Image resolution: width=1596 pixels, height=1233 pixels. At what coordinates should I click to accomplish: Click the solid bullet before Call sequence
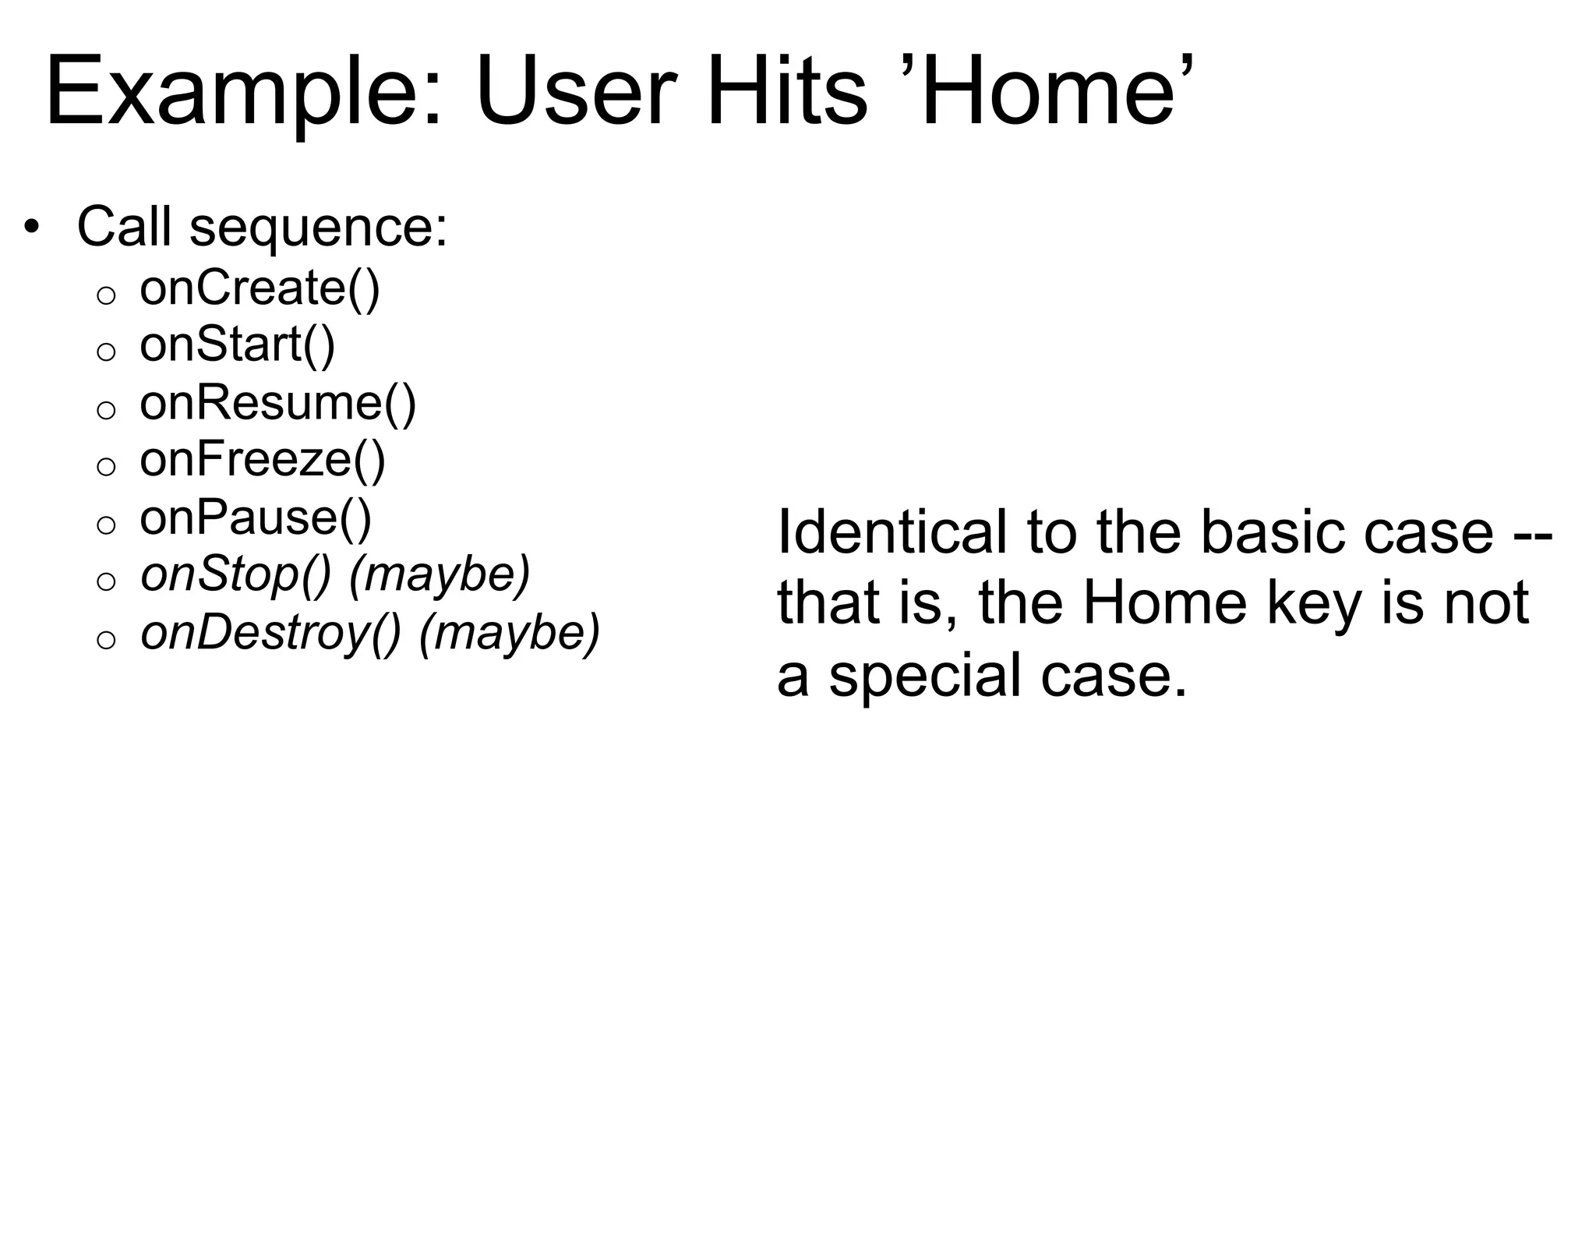pos(30,228)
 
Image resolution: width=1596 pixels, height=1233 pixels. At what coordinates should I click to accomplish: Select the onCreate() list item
pos(260,288)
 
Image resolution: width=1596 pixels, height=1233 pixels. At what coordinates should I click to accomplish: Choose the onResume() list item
pos(277,404)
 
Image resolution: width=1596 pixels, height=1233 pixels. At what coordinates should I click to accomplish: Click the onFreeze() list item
pos(262,460)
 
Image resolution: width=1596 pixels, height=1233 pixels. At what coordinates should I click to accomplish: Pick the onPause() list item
pos(255,518)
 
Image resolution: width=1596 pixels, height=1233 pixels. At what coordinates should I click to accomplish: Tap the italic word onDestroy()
pos(270,633)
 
